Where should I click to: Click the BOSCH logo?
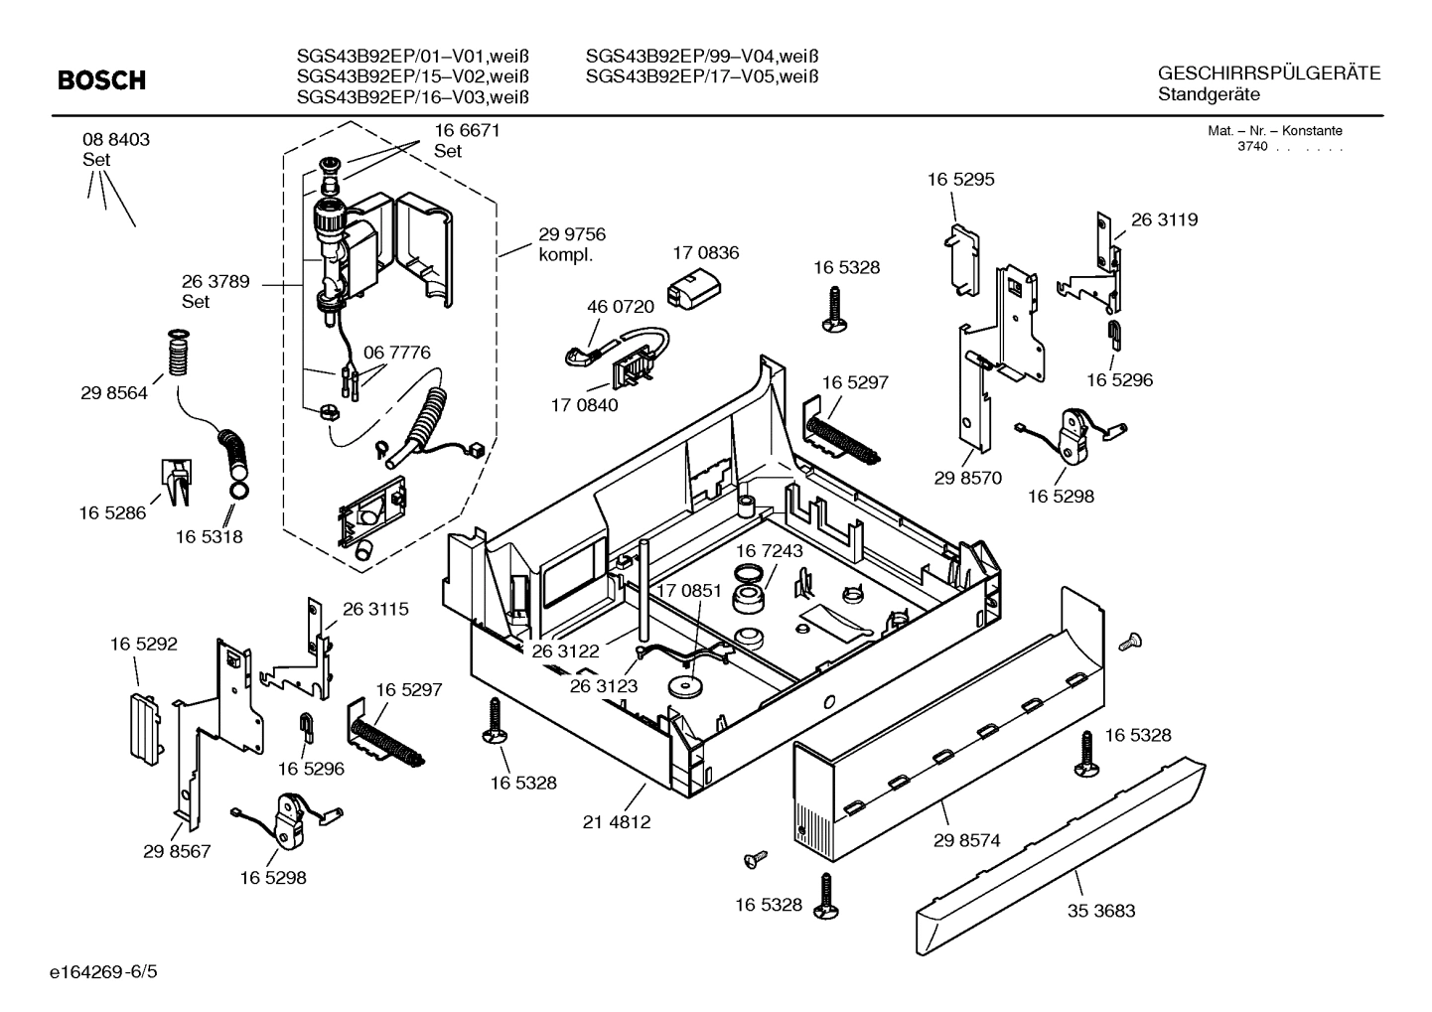[x=101, y=80]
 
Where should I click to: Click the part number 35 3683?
[x=1101, y=911]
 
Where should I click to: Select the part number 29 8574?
[x=966, y=840]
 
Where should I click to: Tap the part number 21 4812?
[x=617, y=822]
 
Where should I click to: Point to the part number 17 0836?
[x=705, y=253]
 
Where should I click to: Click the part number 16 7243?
[x=769, y=550]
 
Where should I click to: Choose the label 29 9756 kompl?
[x=571, y=244]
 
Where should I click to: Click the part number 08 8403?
[x=116, y=140]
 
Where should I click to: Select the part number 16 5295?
[x=960, y=180]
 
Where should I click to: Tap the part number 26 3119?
[x=1164, y=220]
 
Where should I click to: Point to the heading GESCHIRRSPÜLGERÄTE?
[x=1269, y=73]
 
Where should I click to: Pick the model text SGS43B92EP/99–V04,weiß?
[x=708, y=56]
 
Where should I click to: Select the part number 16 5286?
[x=112, y=513]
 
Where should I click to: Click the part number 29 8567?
[x=177, y=851]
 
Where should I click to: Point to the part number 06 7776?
[x=396, y=353]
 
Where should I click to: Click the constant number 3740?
[x=1252, y=147]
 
